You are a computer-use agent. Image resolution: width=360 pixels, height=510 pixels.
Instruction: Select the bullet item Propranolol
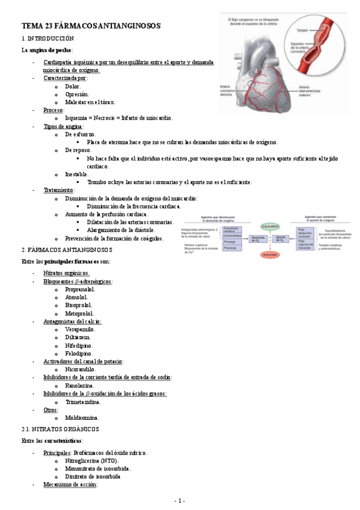pyautogui.click(x=80, y=289)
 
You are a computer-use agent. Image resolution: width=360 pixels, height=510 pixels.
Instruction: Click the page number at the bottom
pyautogui.click(x=180, y=500)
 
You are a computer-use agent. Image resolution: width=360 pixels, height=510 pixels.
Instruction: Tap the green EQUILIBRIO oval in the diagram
pyautogui.click(x=270, y=226)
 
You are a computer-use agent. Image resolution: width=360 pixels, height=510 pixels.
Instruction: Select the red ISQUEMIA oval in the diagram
pyautogui.click(x=270, y=254)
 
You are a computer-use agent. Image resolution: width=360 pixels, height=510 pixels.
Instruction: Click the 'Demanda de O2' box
pyautogui.click(x=258, y=239)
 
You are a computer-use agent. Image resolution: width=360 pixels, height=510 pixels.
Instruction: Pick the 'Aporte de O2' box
pyautogui.click(x=280, y=239)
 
